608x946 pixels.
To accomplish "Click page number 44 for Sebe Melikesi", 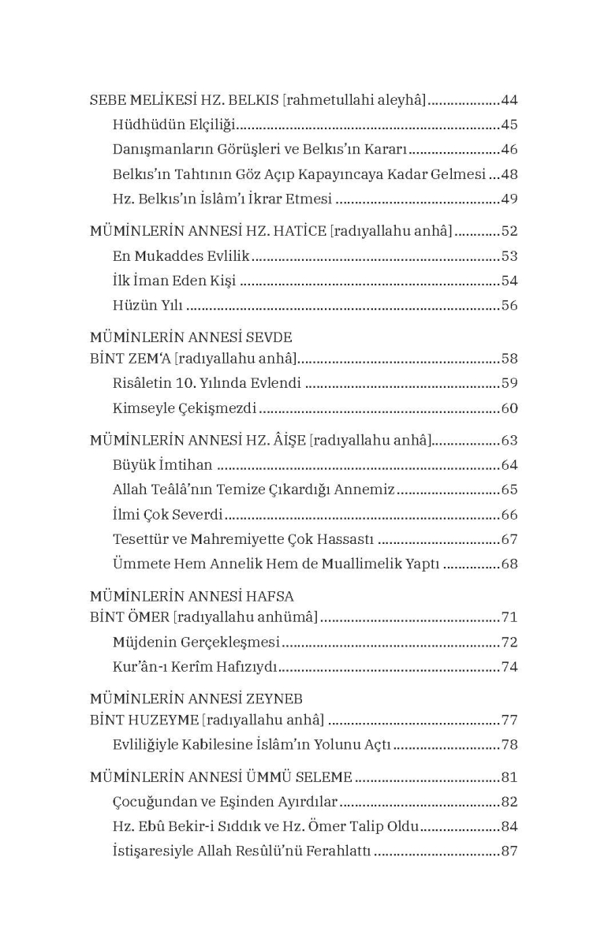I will tap(509, 100).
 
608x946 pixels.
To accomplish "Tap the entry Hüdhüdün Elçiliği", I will tap(175, 125).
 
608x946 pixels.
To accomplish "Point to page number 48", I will tap(509, 174).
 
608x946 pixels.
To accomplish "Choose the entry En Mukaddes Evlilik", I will tap(181, 255).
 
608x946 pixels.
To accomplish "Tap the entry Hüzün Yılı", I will tap(148, 305).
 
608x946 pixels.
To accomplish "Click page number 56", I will tap(509, 305).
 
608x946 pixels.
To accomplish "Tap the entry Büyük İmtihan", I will tap(162, 464).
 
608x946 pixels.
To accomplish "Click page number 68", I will tap(509, 564).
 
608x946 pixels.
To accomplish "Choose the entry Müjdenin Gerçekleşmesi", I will tap(197, 642).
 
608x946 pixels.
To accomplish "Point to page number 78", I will tap(509, 744).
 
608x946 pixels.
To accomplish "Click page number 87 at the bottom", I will tap(509, 851).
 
